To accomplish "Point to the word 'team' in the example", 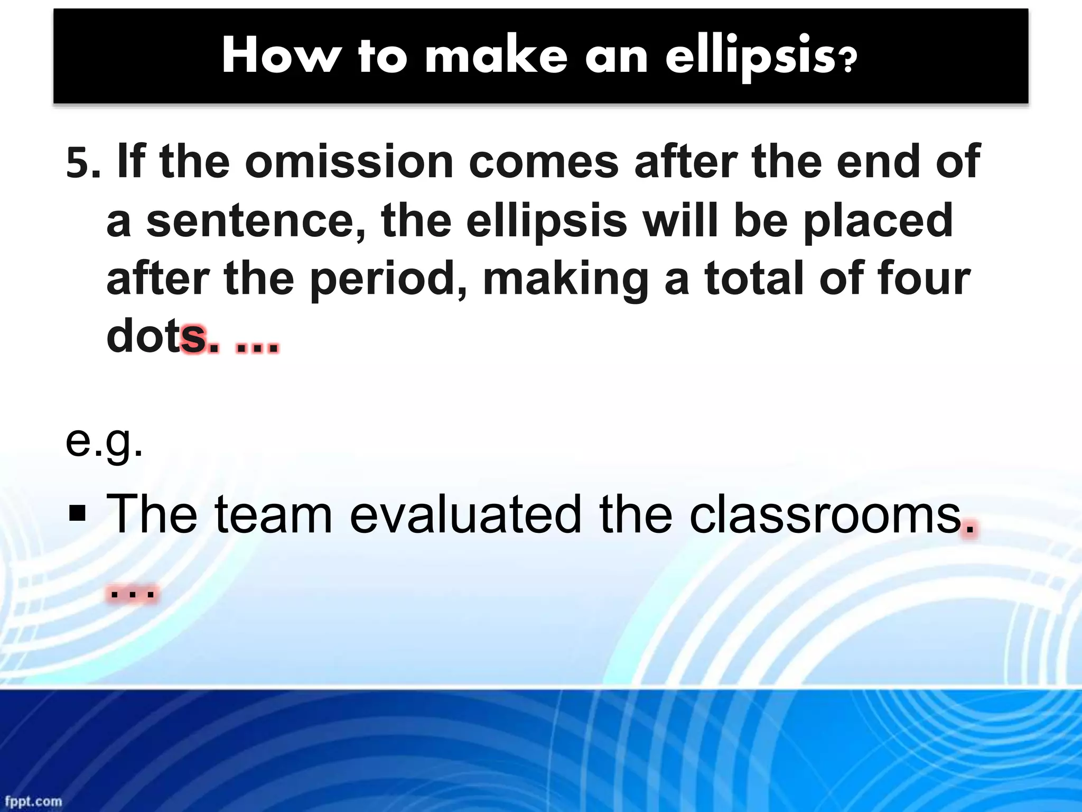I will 273,513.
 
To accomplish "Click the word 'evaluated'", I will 465,513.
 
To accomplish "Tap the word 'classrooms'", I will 825,513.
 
